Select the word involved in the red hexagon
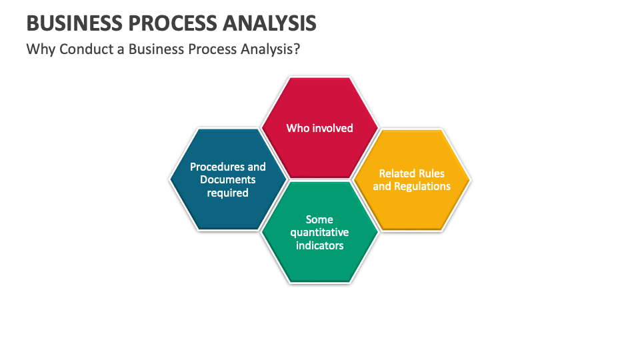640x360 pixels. [x=332, y=127]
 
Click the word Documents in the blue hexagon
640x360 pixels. [x=228, y=179]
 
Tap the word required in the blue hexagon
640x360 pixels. [x=228, y=193]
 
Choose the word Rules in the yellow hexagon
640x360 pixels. [x=431, y=173]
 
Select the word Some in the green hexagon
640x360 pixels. [x=319, y=219]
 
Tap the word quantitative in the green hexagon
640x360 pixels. [x=319, y=232]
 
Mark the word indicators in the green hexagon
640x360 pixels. [x=319, y=245]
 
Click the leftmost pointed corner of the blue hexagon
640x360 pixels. [x=171, y=179]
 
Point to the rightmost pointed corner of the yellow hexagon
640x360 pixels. [x=470, y=179]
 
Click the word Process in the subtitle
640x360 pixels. [x=218, y=50]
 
